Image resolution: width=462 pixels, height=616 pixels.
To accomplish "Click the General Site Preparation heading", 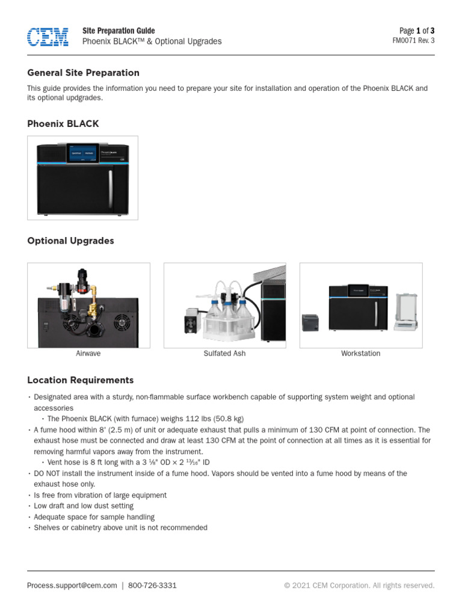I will pos(83,73).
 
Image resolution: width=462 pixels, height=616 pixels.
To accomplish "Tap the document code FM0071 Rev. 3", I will pos(413,41).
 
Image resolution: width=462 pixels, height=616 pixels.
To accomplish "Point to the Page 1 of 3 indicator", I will pos(417,31).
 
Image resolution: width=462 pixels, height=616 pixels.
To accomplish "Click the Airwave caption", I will pos(88,354).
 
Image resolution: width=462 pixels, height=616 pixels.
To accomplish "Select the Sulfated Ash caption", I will pos(224,354).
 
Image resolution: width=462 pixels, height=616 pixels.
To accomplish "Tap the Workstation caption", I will pos(360,354).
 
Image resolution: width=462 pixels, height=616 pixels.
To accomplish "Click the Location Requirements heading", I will pos(80,380).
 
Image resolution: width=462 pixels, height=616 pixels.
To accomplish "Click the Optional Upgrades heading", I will pos(70,241).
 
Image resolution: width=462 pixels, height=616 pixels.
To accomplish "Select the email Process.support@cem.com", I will pos(72,585).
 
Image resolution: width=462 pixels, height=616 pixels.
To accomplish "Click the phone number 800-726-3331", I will pos(153,585).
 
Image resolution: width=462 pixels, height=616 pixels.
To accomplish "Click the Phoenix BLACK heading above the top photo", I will pos(63,124).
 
